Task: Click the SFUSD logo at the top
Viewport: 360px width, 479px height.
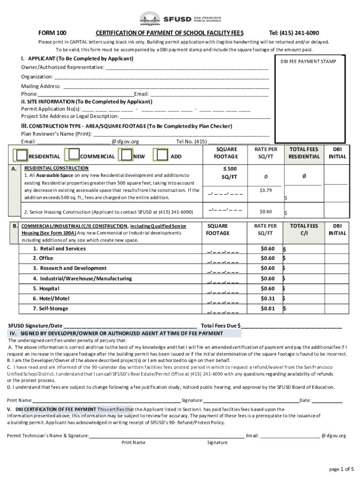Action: click(180, 19)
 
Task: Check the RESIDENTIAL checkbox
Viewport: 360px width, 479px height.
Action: click(22, 155)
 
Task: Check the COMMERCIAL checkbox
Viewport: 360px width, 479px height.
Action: click(73, 155)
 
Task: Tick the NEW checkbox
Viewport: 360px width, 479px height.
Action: click(126, 155)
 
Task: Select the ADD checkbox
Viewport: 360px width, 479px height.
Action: click(161, 155)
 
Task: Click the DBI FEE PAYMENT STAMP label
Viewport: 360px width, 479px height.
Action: click(308, 61)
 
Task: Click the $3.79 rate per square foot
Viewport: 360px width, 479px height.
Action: click(266, 190)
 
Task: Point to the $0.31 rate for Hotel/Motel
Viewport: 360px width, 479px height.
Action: click(267, 298)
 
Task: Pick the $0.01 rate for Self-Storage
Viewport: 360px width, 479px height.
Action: click(267, 309)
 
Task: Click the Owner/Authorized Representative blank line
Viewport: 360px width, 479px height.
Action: click(187, 69)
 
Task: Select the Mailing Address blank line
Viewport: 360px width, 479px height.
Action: click(166, 87)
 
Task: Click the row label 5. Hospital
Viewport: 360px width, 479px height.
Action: click(46, 289)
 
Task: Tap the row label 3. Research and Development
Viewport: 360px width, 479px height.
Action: click(70, 268)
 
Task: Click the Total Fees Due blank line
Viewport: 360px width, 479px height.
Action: click(292, 327)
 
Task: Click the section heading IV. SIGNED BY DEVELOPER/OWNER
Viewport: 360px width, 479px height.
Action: click(116, 334)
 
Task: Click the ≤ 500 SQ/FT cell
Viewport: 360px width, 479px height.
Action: click(229, 173)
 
